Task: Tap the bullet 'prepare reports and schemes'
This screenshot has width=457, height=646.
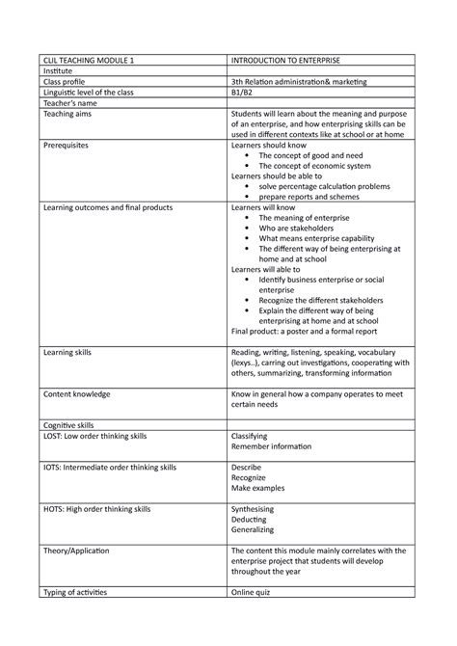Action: (310, 197)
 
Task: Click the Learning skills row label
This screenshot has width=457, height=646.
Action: (73, 354)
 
